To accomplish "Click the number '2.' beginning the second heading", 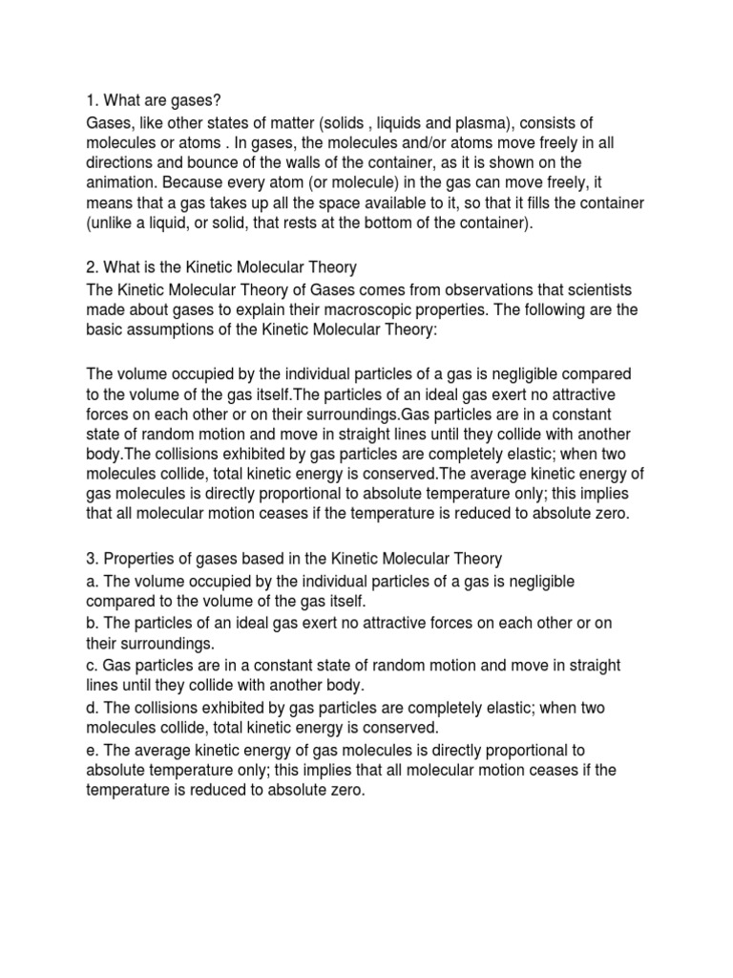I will point(93,268).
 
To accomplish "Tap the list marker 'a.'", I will point(93,582).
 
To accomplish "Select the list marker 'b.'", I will point(93,624).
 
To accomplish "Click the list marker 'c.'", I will point(93,666).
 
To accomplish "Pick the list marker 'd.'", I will point(93,708).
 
